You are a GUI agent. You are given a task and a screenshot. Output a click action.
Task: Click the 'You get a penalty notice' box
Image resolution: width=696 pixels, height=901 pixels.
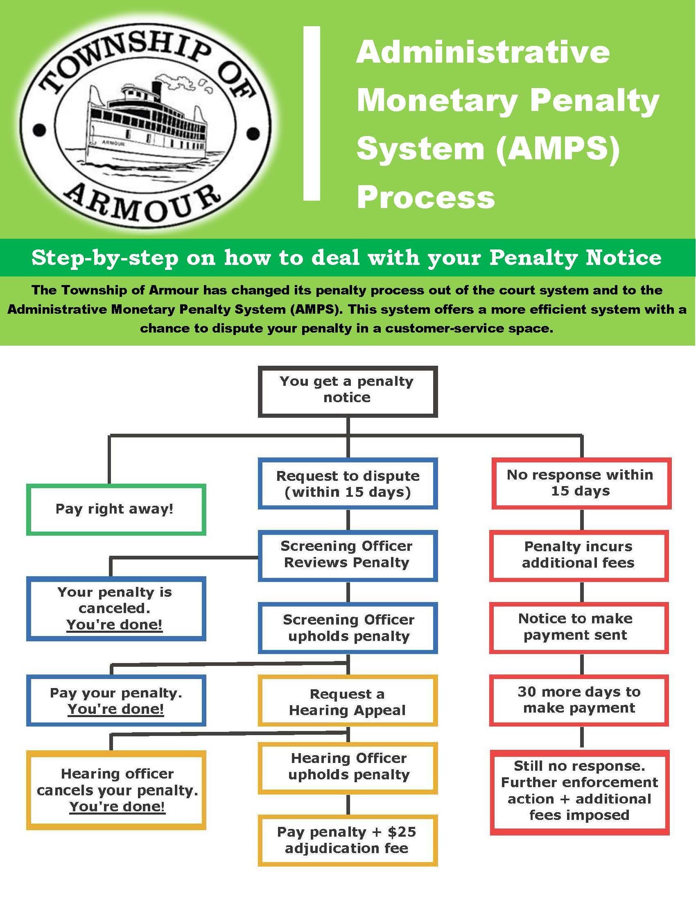point(348,391)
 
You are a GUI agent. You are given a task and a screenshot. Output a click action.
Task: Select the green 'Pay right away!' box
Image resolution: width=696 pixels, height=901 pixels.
point(116,509)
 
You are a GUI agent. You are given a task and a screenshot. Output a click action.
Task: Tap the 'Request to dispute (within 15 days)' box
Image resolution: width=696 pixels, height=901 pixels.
point(348,484)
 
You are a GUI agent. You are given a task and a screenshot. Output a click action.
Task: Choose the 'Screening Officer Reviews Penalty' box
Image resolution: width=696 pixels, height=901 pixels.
point(348,555)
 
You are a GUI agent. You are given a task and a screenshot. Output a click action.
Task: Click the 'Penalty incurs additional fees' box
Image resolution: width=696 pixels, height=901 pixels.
point(578,555)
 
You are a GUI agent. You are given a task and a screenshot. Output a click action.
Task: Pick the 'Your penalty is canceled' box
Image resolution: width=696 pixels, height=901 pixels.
point(116,609)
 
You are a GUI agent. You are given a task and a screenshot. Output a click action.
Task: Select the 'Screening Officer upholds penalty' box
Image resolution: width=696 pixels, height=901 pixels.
point(348,628)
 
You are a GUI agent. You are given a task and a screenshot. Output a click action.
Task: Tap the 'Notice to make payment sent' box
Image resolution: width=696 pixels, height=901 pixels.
point(578,628)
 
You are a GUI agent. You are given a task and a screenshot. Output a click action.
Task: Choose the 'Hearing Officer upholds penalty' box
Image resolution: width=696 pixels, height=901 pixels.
point(348,768)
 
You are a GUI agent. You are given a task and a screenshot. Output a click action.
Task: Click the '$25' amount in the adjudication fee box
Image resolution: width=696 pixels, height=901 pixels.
point(402,832)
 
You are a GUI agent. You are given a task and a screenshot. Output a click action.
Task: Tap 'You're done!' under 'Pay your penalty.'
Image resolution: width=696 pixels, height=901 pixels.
point(116,709)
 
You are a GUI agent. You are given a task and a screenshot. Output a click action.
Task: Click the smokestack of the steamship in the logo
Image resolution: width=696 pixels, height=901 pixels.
point(157,89)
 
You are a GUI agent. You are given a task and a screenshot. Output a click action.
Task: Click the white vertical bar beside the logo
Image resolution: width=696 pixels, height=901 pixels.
point(312,113)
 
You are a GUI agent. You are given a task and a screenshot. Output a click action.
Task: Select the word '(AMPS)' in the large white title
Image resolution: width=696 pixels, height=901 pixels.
point(558,149)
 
